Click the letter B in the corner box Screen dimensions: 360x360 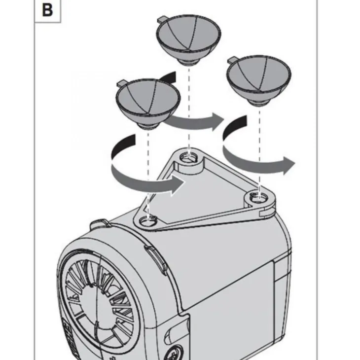47,10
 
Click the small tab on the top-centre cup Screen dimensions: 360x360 161,20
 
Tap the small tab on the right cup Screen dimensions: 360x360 231,60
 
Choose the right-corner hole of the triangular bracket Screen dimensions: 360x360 257,198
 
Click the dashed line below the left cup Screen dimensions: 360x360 148,173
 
